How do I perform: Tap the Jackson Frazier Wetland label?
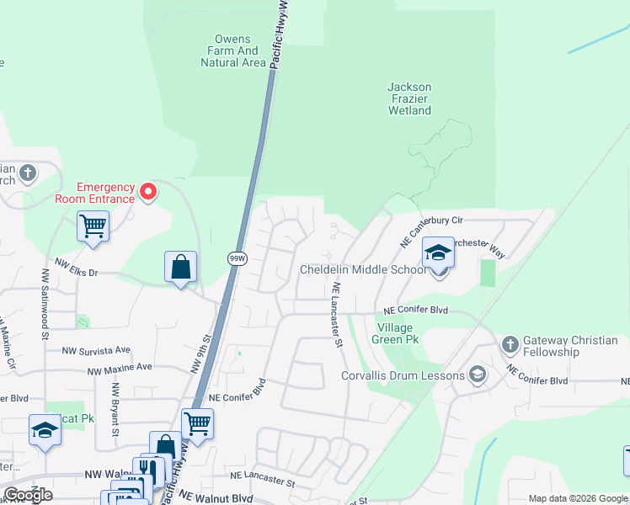coord(409,98)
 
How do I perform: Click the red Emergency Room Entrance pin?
coord(148,192)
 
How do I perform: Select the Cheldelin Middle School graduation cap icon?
coord(438,252)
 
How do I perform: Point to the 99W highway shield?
coord(237,259)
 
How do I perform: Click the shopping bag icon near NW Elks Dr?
coord(180,268)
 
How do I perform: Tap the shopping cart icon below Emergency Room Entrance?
coord(93,226)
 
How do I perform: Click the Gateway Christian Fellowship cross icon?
coord(509,344)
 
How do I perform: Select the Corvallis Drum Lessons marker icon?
coord(478,375)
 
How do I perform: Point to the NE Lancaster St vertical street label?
coord(337,315)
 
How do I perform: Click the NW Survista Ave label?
coord(96,349)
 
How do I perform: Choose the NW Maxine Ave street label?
coord(119,368)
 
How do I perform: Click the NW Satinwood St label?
coord(45,304)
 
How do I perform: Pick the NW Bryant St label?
coord(115,411)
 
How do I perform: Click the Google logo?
coord(28,495)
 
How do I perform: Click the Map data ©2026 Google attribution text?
coord(578,498)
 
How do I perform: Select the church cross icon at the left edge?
coord(27,173)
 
